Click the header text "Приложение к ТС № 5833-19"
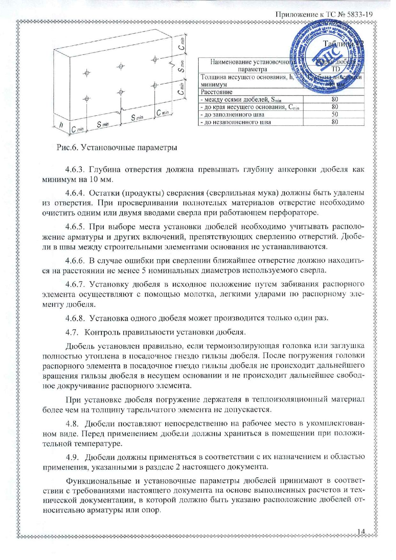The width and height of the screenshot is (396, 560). [x=324, y=14]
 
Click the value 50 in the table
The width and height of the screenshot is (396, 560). [x=334, y=114]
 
